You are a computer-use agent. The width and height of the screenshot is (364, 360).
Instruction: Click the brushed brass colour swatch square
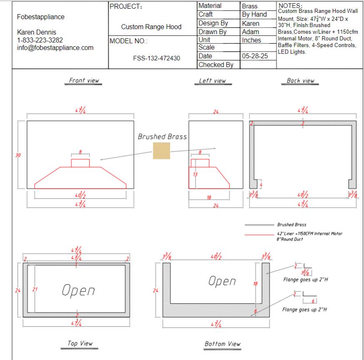coord(161,151)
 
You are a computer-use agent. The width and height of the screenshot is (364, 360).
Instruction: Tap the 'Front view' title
coord(84,80)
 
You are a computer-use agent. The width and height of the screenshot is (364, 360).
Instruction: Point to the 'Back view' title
coord(300,81)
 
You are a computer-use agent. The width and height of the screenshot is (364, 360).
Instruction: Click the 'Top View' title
coord(80,343)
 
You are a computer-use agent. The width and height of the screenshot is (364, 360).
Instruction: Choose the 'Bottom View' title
coord(222,344)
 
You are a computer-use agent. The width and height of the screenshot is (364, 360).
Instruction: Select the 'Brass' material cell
coord(249,6)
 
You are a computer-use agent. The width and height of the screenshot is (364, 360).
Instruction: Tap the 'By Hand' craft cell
coord(254,15)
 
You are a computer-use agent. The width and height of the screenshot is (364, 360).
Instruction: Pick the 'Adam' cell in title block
coord(250,32)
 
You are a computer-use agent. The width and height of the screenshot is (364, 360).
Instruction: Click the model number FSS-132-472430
coord(156,58)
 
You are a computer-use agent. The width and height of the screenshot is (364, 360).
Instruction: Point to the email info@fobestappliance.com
coord(55,48)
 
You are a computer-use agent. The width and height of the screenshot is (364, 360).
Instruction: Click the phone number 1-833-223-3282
coord(40,40)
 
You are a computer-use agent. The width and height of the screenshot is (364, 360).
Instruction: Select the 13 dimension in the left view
coord(194,174)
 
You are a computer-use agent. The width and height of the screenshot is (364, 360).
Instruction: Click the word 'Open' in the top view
coord(78,290)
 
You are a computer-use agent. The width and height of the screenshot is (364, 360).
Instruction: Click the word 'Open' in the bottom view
coord(222,281)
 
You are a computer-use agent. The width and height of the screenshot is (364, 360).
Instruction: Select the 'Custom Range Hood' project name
coord(151,27)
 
